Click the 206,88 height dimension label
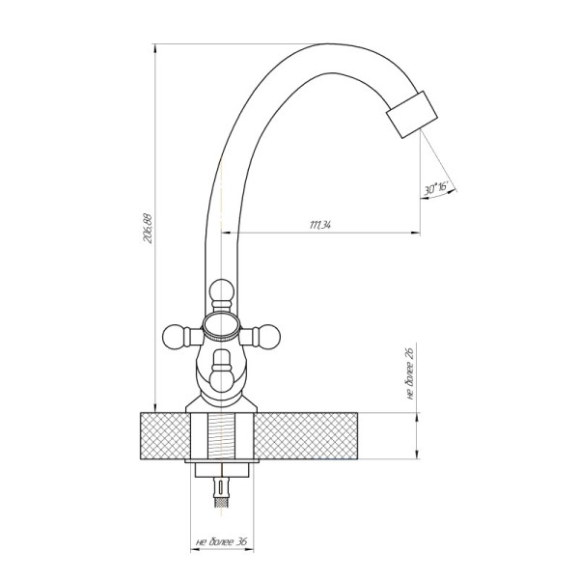pos(148,228)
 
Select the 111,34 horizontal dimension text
pos(319,225)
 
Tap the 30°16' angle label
pos(436,188)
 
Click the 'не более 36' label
pos(221,541)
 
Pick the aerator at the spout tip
pos(412,115)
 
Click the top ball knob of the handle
pos(221,290)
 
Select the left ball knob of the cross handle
pos(175,337)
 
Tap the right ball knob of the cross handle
pos(268,337)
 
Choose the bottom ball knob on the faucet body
pos(221,381)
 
